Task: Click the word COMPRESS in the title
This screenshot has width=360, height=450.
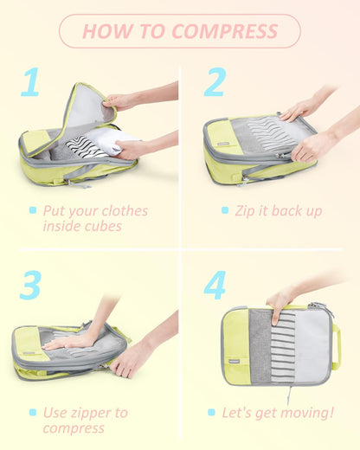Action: (x=225, y=32)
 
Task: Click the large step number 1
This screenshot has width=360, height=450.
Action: (x=30, y=82)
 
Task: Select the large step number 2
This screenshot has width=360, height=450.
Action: (x=214, y=82)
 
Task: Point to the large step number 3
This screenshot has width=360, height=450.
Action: (x=30, y=285)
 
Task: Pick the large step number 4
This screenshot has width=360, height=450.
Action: (x=214, y=285)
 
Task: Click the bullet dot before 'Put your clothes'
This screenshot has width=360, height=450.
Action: (x=33, y=210)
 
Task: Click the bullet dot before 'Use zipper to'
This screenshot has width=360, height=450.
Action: (x=33, y=412)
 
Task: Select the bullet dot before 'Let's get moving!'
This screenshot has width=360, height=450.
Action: (x=212, y=413)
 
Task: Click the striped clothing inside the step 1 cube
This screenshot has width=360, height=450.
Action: (x=86, y=145)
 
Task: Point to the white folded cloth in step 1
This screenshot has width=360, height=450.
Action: (x=117, y=140)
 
